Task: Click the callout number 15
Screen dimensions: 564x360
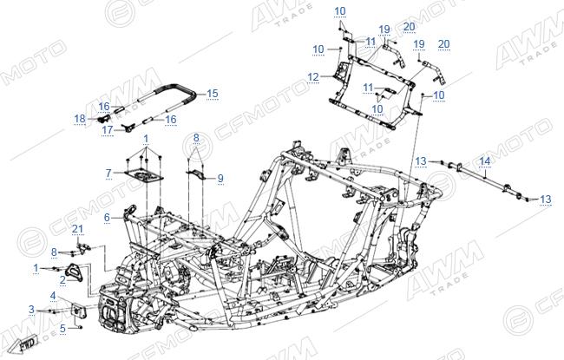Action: (x=213, y=94)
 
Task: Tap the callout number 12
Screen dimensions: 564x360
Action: (x=313, y=77)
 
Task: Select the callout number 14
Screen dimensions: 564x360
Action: (x=484, y=161)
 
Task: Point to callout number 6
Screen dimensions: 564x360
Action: (x=107, y=218)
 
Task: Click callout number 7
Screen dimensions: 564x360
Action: (x=108, y=173)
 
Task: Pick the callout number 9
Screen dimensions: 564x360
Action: (x=220, y=179)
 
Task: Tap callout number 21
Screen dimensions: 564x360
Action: (x=77, y=229)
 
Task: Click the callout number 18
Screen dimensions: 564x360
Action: (x=80, y=118)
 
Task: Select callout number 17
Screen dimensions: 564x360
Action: (x=108, y=130)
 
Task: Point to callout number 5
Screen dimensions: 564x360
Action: (x=63, y=329)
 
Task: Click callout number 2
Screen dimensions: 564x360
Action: (x=63, y=280)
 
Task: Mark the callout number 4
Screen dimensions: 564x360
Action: (x=53, y=296)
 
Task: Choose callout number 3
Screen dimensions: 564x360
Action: (x=31, y=310)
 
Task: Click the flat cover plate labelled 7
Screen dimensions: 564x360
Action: (x=144, y=176)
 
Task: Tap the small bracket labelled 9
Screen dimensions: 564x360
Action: (x=196, y=173)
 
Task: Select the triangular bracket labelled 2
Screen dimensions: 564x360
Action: (x=75, y=272)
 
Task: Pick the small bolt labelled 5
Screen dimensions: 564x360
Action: (x=80, y=327)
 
